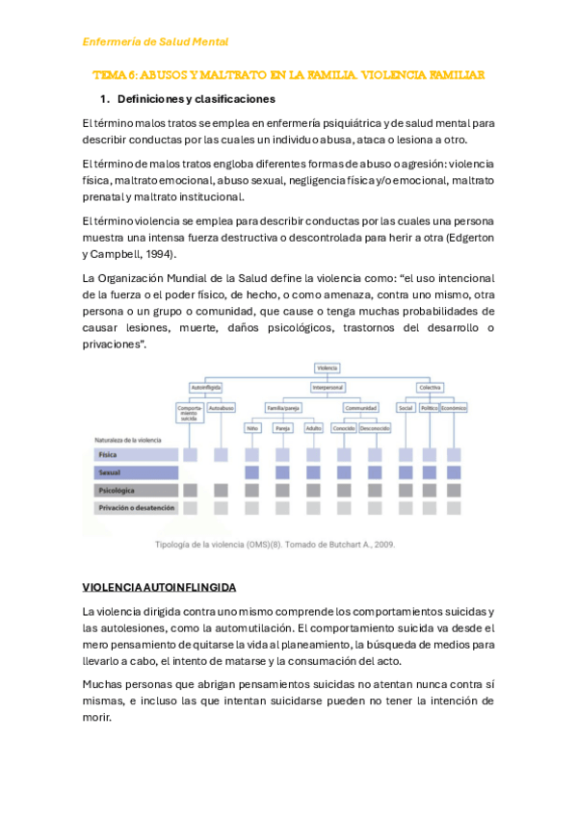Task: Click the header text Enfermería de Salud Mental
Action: tap(155, 41)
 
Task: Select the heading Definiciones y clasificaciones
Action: tap(196, 99)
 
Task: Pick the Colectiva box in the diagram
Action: tap(430, 388)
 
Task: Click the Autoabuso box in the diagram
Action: tap(222, 407)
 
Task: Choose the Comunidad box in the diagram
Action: tap(361, 407)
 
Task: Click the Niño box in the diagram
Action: tap(253, 427)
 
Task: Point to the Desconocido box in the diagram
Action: tap(376, 427)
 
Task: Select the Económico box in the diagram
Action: tap(453, 407)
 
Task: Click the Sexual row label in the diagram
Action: tap(109, 472)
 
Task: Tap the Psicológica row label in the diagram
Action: tap(116, 490)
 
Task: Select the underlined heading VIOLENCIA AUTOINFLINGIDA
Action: tap(159, 587)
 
